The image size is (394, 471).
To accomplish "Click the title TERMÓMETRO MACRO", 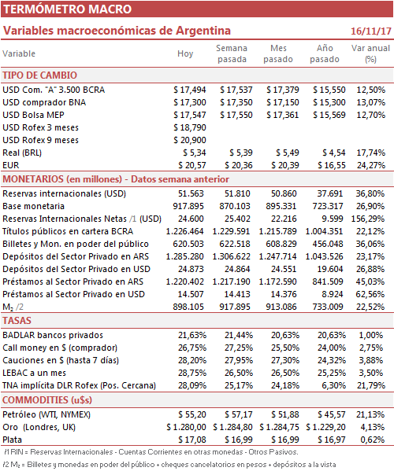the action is [x=68, y=9].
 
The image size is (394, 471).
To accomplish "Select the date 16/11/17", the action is [x=371, y=31].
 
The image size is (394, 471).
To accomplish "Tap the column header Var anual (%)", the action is [x=370, y=53].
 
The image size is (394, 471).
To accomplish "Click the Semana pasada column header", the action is [x=232, y=53].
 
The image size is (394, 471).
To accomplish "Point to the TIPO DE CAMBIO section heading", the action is [x=39, y=75].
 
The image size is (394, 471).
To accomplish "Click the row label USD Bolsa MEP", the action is [x=33, y=115].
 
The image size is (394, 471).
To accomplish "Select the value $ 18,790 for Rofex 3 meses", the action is [x=190, y=127].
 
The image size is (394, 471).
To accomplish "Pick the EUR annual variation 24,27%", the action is [x=371, y=165].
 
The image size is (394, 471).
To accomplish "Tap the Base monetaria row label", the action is [x=33, y=206].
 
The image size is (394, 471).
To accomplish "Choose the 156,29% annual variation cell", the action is [x=367, y=219].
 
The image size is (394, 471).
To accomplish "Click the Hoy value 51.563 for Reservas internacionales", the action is [x=191, y=193].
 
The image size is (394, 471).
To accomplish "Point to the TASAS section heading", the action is [x=17, y=321].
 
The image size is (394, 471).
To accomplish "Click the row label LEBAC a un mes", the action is [x=35, y=373].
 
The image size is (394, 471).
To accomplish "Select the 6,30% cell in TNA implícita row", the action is [x=334, y=386].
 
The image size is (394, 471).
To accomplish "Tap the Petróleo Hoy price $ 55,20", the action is [x=192, y=415].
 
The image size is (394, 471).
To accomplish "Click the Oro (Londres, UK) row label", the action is [x=39, y=428].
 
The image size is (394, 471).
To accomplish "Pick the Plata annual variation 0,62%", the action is [x=372, y=440].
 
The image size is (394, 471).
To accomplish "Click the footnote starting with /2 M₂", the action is [x=169, y=465].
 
